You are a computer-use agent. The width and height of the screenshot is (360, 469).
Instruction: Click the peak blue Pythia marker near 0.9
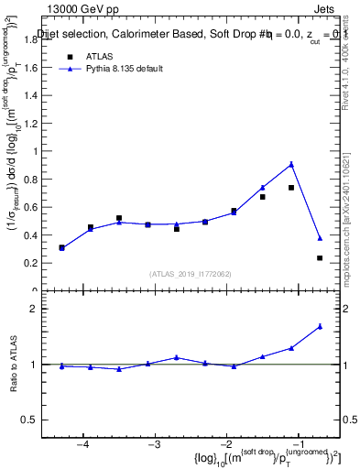291,164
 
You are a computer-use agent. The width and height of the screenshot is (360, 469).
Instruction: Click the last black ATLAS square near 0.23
320,258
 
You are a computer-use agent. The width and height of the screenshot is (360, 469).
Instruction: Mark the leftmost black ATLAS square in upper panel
61,247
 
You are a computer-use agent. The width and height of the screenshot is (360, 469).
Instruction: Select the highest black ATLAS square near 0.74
291,188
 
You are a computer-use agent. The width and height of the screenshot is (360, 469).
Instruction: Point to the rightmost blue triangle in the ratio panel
320,326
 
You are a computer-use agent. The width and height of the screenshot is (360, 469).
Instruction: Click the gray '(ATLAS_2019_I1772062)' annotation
191,274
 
